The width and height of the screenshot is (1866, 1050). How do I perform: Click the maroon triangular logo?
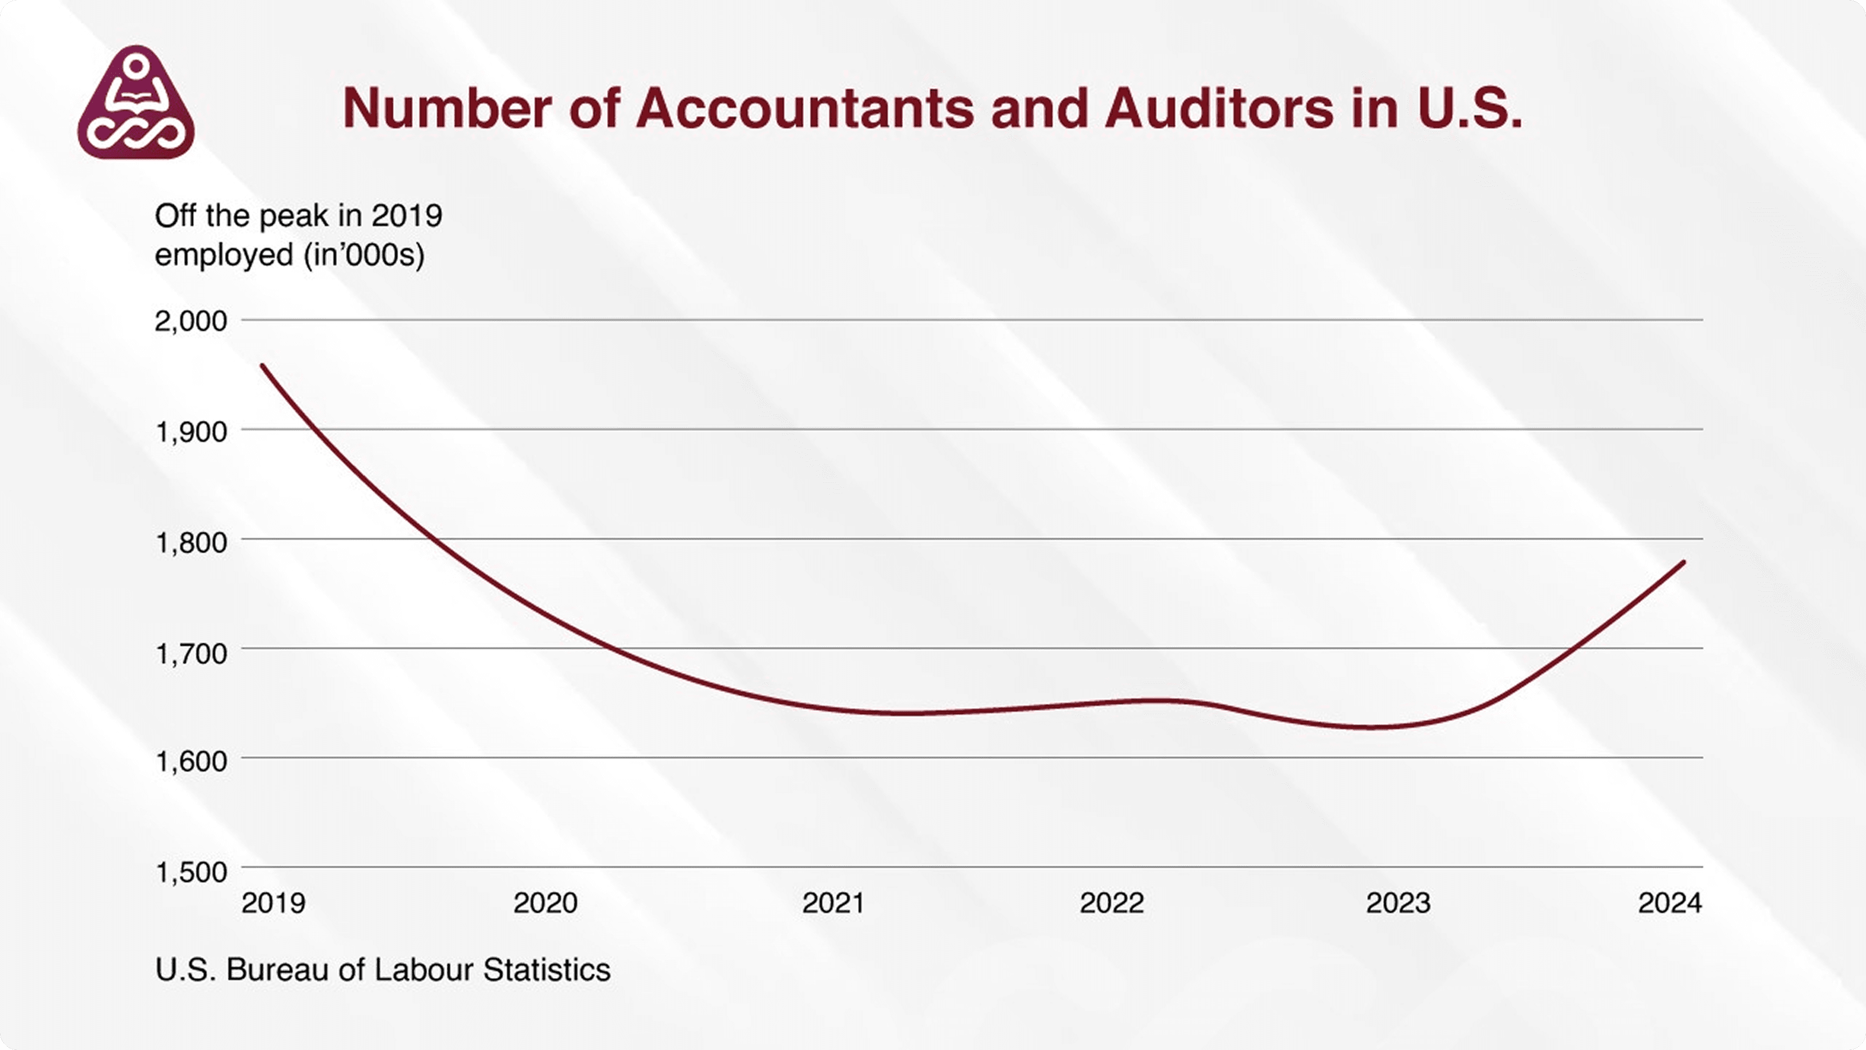point(136,104)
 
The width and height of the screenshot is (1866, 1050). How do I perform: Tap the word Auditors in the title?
point(1219,108)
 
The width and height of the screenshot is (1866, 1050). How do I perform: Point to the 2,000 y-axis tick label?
point(190,321)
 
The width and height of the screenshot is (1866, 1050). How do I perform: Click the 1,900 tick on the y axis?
point(190,431)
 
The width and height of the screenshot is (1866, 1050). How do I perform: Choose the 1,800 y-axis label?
point(190,541)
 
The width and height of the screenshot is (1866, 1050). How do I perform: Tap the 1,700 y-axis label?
point(190,653)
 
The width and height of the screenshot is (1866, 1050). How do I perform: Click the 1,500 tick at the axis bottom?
point(190,872)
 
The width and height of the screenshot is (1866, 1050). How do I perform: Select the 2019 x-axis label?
point(273,903)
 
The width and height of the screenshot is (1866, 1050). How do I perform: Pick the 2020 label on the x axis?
point(545,903)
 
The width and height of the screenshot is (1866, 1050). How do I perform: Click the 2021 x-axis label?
point(833,903)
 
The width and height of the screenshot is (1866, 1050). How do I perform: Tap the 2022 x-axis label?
point(1111,903)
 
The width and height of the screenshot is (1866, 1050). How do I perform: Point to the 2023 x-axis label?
point(1398,903)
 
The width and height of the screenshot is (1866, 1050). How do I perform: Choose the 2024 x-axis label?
point(1670,903)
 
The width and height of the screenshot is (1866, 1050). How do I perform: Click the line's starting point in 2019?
point(262,366)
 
